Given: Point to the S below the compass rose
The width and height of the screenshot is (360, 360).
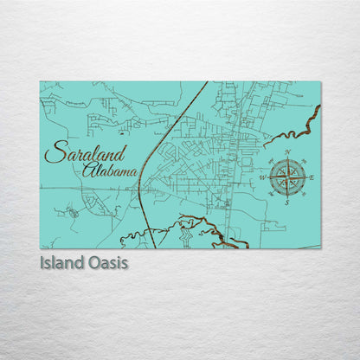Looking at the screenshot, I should point(286,203).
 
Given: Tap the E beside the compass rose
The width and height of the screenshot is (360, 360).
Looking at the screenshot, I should point(312,177).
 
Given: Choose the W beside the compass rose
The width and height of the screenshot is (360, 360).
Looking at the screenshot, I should point(262,178).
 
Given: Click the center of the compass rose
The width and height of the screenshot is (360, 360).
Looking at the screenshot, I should point(287,177).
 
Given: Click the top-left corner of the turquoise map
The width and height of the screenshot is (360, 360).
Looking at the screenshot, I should point(41,82).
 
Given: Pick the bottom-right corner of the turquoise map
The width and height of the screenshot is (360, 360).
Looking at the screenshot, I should point(320,247).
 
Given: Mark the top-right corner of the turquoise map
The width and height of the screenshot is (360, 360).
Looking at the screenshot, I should point(320,82).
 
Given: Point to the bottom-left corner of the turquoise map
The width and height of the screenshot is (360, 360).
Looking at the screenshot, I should point(41,247).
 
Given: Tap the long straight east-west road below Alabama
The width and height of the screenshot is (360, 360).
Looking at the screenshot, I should point(87,188).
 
